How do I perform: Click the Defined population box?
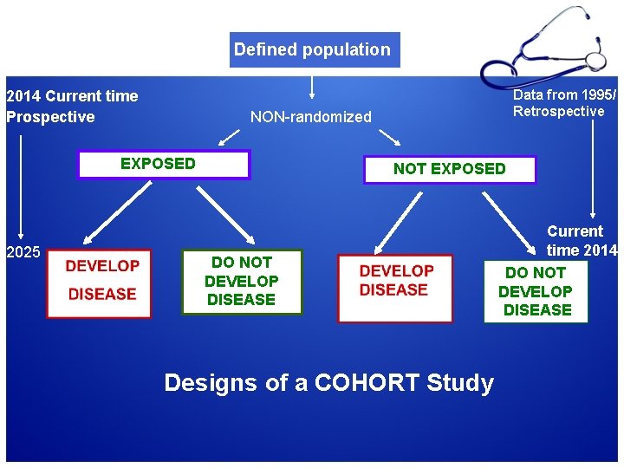click(312, 49)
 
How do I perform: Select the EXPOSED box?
click(163, 164)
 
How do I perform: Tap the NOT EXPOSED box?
click(449, 169)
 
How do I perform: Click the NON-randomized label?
click(310, 117)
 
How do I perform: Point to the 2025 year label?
click(23, 253)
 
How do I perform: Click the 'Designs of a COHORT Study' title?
click(328, 382)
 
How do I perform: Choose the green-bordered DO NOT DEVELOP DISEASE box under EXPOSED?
click(241, 282)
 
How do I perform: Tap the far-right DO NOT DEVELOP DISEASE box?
click(536, 291)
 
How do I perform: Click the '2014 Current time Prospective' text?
click(72, 107)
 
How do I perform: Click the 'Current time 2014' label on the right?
click(581, 241)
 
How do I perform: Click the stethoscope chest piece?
click(595, 62)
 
